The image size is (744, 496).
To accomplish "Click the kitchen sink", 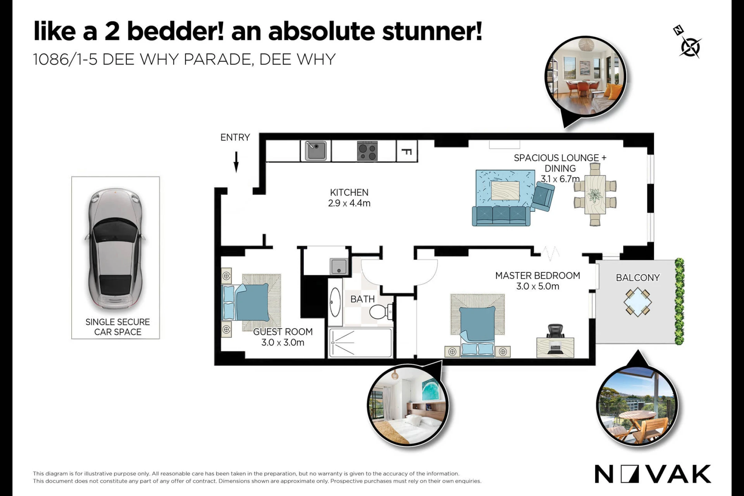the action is [x=316, y=151].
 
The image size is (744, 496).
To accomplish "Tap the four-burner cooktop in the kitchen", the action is [x=367, y=151].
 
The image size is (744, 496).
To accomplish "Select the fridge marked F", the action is [x=407, y=151].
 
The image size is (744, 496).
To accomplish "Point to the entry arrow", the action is [x=236, y=162].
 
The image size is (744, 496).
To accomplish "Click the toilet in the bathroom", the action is [x=381, y=312].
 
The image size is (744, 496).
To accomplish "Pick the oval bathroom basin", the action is [x=335, y=302].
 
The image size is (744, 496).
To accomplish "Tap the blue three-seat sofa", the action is [x=501, y=216].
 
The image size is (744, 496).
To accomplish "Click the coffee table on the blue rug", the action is [x=505, y=190].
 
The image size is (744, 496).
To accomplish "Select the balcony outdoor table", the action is [x=638, y=302].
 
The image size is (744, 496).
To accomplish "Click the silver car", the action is [x=115, y=250].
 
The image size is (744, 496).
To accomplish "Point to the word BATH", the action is [x=362, y=299].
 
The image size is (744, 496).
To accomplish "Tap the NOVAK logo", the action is [x=653, y=474].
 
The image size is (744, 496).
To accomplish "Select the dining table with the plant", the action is [x=595, y=195].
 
